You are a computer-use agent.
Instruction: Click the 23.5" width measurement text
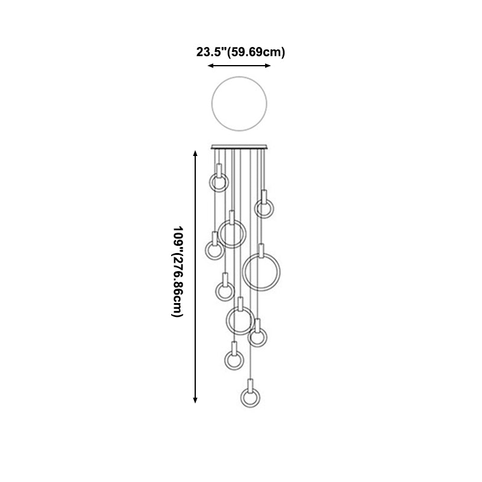tap(211, 52)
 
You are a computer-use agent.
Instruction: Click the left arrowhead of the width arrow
tap(210, 66)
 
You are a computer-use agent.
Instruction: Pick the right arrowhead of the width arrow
tap(268, 66)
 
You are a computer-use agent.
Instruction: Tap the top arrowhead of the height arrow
tap(195, 153)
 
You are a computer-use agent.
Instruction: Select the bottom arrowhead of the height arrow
tap(195, 400)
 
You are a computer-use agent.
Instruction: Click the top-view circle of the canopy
tap(212, 104)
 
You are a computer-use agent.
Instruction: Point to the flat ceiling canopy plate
tap(239, 147)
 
